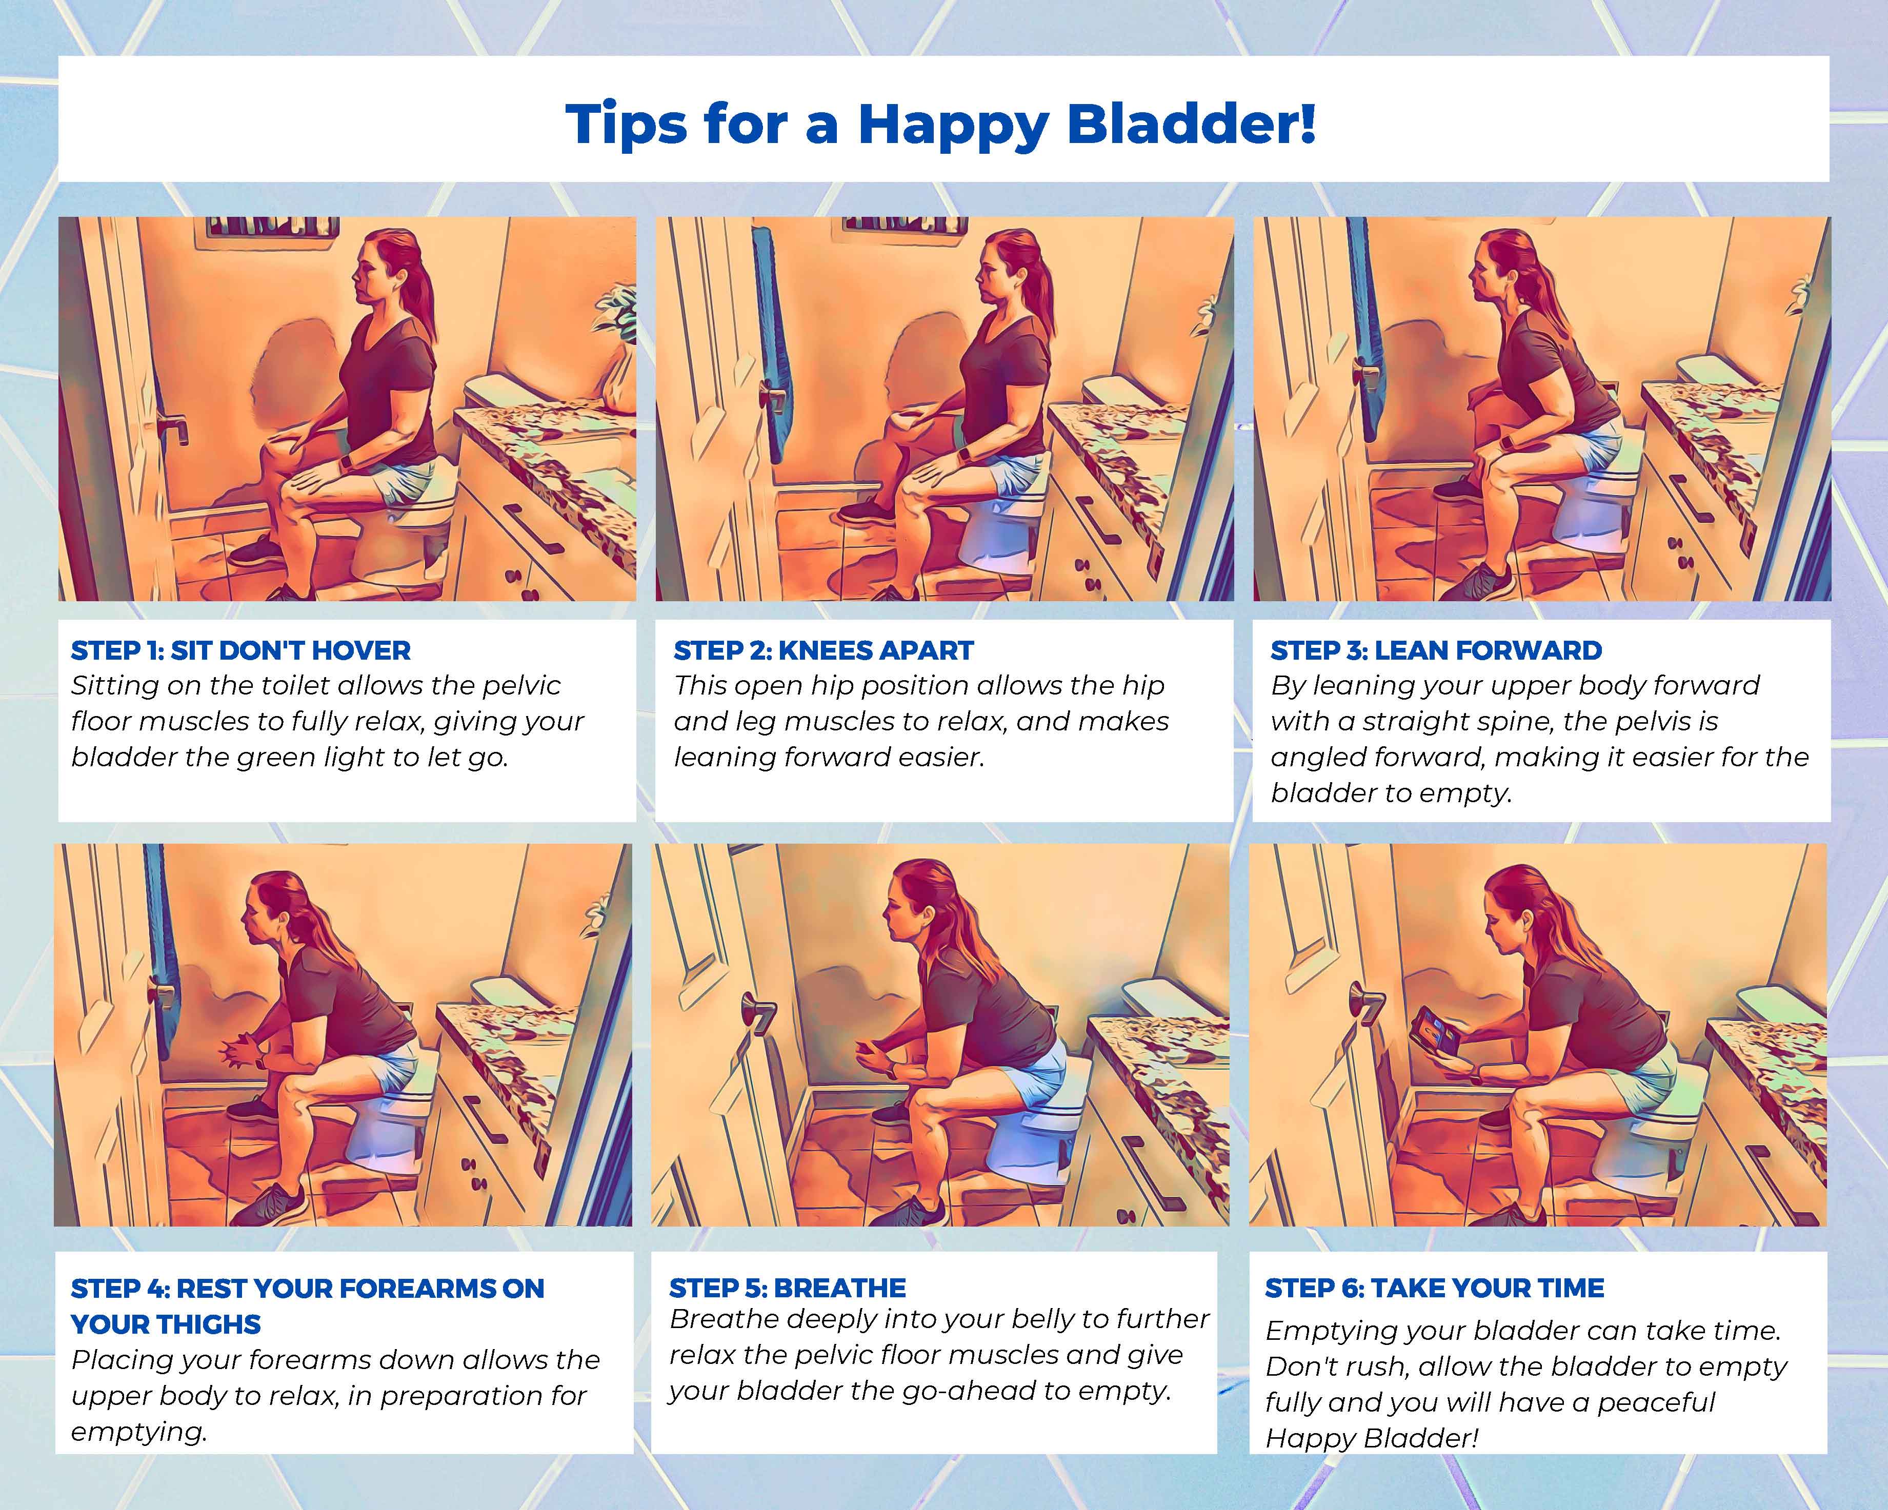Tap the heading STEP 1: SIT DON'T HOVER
[x=241, y=650]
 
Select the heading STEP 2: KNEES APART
[x=823, y=650]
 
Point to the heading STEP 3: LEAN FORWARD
[x=1436, y=650]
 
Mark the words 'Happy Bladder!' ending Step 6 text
[x=1372, y=1437]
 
